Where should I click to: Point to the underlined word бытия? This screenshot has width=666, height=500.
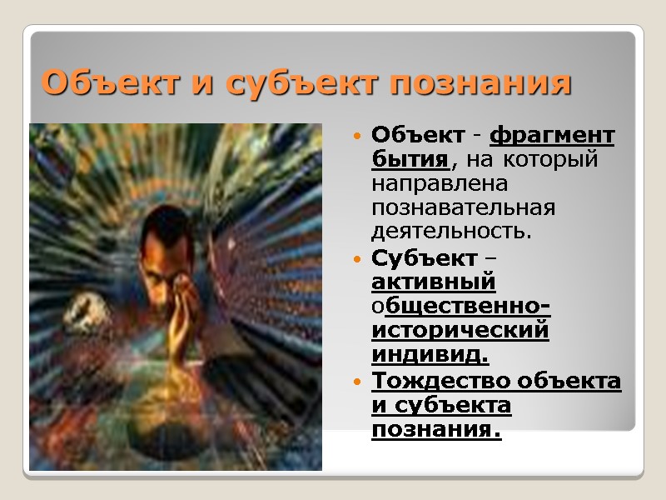click(x=411, y=157)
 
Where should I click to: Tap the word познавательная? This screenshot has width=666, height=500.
click(x=463, y=204)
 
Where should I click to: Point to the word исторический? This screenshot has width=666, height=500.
click(x=460, y=331)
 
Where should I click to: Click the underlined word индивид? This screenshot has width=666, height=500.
click(x=430, y=355)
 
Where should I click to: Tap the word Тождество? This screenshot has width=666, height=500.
click(x=441, y=382)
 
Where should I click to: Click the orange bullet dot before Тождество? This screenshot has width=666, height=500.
click(x=357, y=382)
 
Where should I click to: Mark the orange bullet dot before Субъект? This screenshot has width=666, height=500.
click(x=357, y=259)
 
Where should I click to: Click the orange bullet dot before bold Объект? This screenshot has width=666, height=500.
click(x=357, y=136)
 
